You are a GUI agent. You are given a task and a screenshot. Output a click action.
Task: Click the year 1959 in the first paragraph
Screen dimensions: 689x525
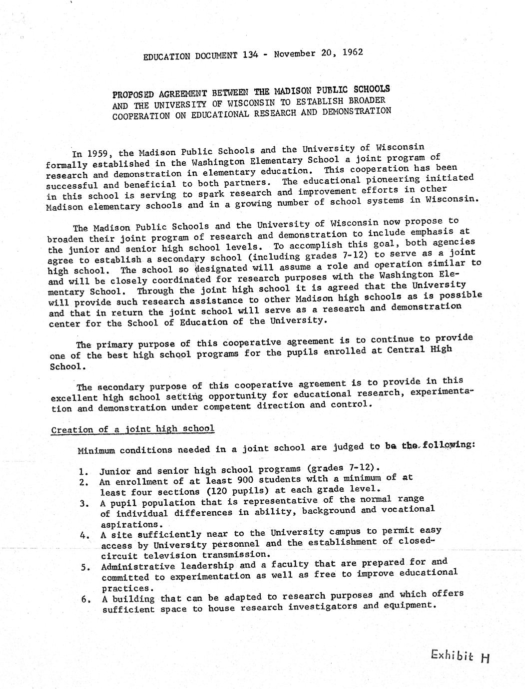(x=102, y=153)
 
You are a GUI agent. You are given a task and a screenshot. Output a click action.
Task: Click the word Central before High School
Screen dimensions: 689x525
(x=405, y=350)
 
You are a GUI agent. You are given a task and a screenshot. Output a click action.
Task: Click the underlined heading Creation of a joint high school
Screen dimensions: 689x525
(x=133, y=429)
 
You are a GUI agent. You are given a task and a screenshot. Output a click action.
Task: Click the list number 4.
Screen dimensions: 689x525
(x=83, y=535)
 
